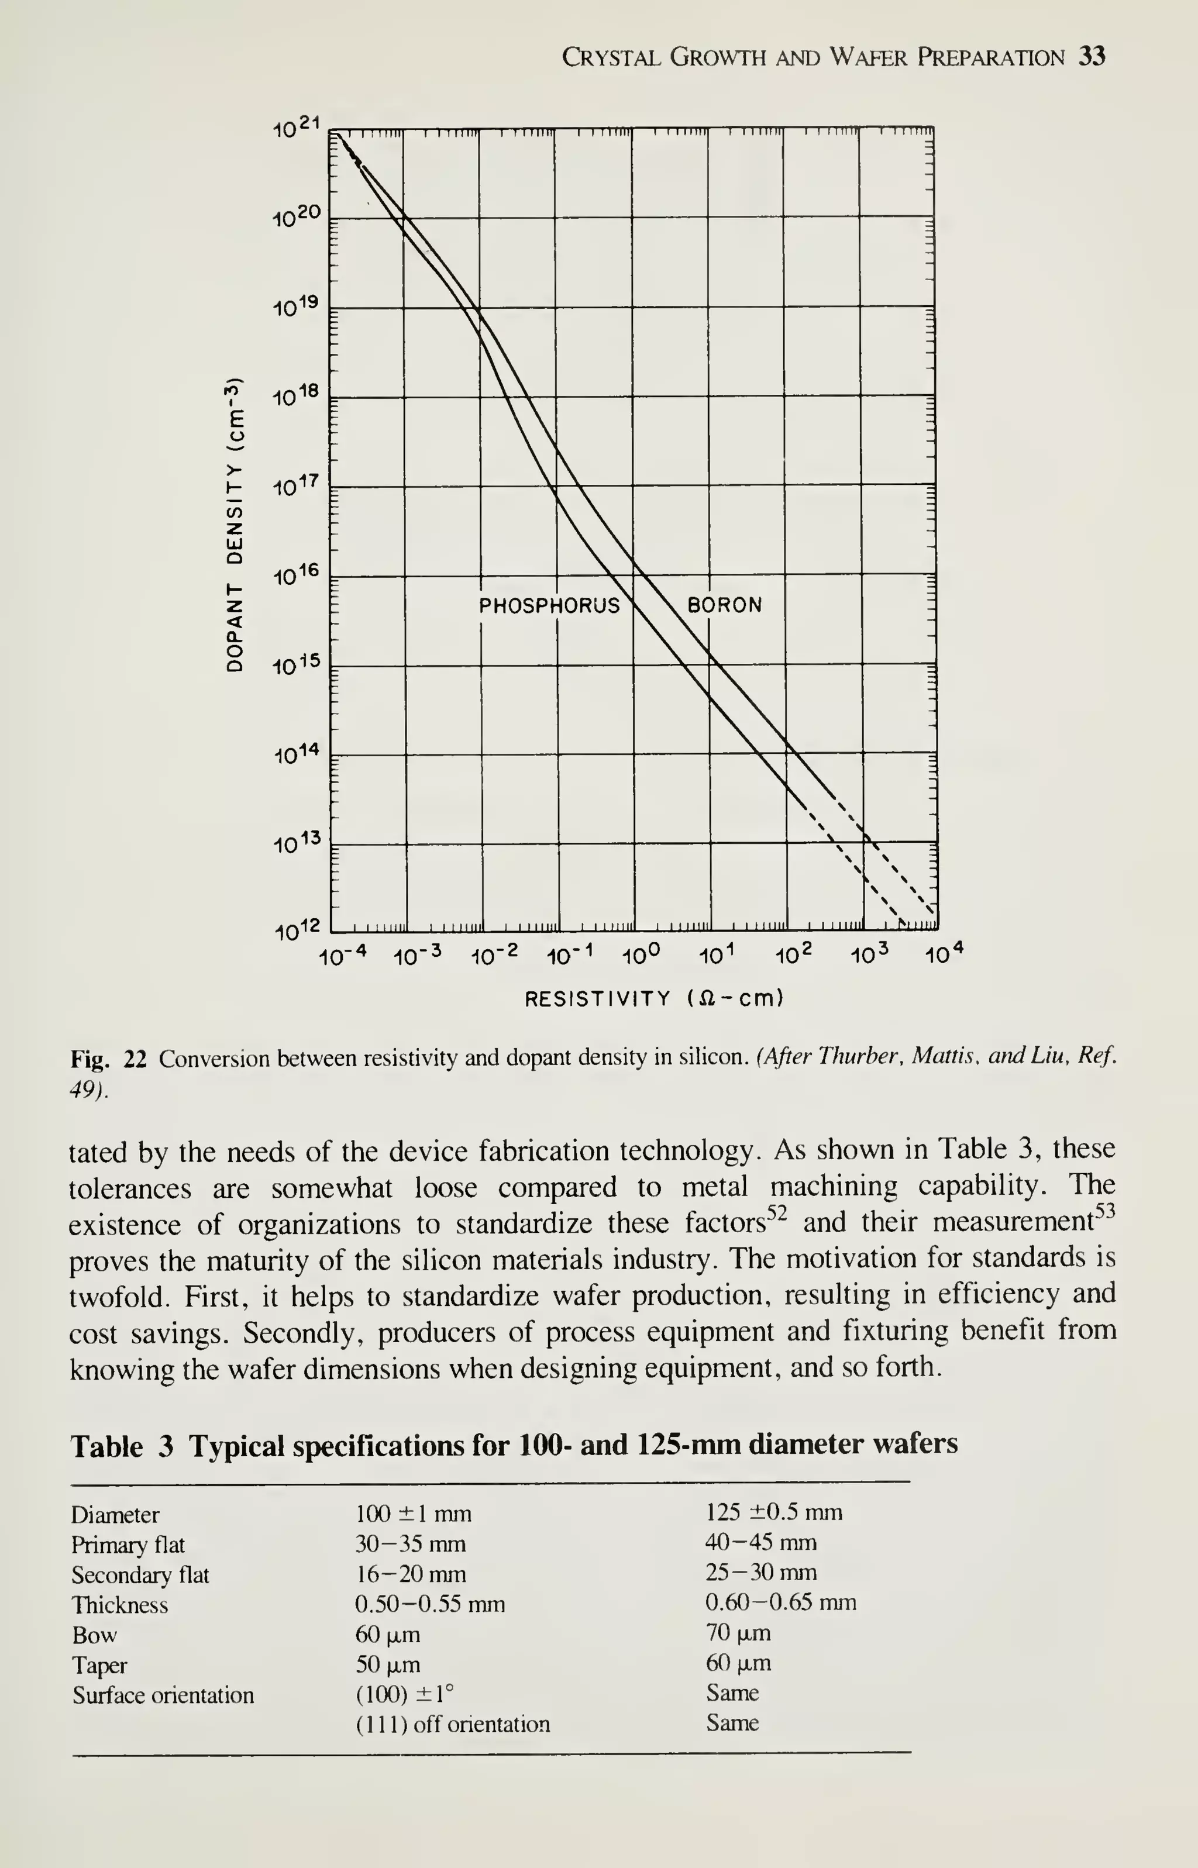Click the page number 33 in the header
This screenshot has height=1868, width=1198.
coord(1092,57)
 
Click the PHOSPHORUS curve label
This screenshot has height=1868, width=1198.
coord(549,605)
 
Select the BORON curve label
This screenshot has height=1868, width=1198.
coord(724,605)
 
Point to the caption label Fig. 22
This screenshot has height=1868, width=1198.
coord(108,1059)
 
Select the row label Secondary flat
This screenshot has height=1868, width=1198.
coord(140,1576)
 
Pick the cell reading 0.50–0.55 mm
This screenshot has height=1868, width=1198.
coord(429,1605)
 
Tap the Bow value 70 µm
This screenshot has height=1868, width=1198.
coord(738,1633)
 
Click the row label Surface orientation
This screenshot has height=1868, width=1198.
coord(163,1695)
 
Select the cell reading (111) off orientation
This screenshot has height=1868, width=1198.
coord(453,1725)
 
